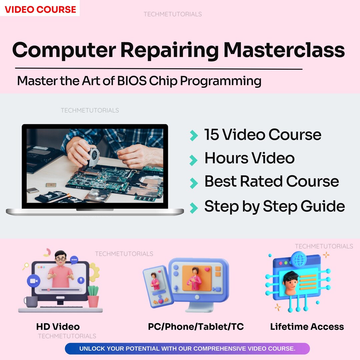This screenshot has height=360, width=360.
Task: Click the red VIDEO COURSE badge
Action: pyautogui.click(x=40, y=9)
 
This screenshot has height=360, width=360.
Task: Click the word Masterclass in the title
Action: pyautogui.click(x=284, y=50)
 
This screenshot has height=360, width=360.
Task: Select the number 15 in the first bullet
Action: pyautogui.click(x=211, y=135)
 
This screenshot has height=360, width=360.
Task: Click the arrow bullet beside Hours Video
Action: pyautogui.click(x=194, y=160)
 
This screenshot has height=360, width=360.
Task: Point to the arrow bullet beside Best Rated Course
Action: pyautogui.click(x=194, y=183)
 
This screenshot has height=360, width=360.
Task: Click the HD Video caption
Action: pyautogui.click(x=58, y=327)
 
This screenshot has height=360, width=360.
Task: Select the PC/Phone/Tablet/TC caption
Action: pyautogui.click(x=196, y=327)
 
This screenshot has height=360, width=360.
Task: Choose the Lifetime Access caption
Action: pyautogui.click(x=307, y=327)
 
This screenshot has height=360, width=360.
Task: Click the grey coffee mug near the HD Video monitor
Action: pyautogui.click(x=31, y=302)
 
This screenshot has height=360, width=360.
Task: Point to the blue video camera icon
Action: pyautogui.click(x=33, y=281)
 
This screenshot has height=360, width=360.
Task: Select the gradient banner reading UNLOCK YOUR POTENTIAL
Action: pyautogui.click(x=187, y=349)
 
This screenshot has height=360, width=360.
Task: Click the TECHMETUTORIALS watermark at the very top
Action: pyautogui.click(x=172, y=14)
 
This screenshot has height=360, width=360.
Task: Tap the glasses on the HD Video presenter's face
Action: pyautogui.click(x=60, y=259)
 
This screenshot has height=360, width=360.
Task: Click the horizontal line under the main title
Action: pyautogui.click(x=159, y=69)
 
